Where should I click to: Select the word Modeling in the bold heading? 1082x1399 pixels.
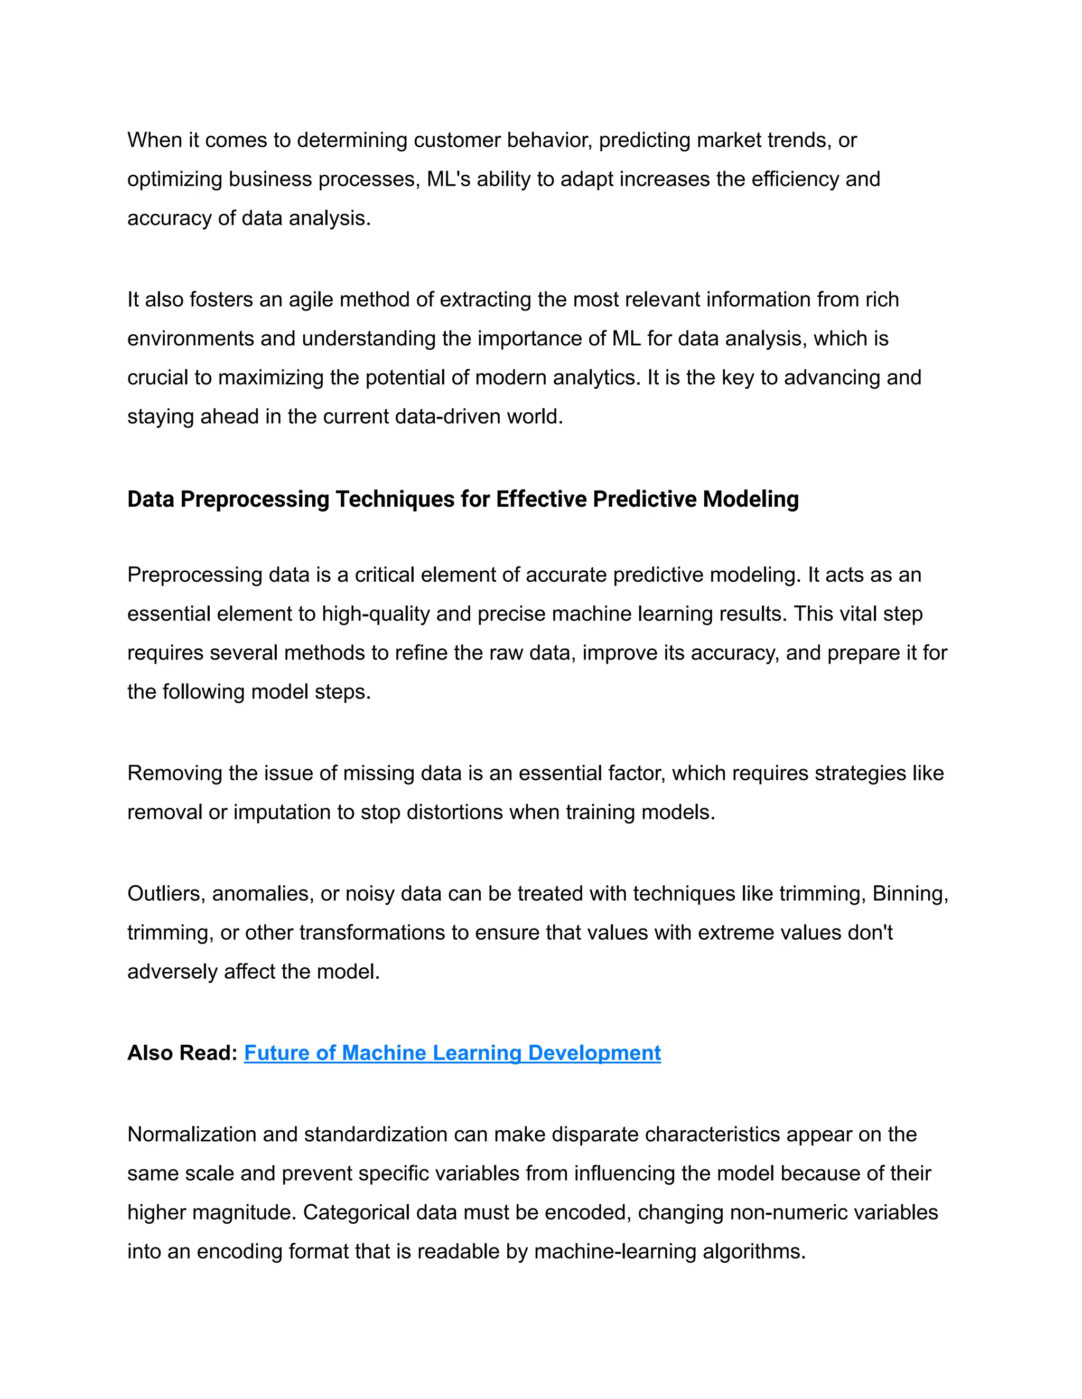(751, 499)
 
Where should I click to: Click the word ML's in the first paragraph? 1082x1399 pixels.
(448, 179)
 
